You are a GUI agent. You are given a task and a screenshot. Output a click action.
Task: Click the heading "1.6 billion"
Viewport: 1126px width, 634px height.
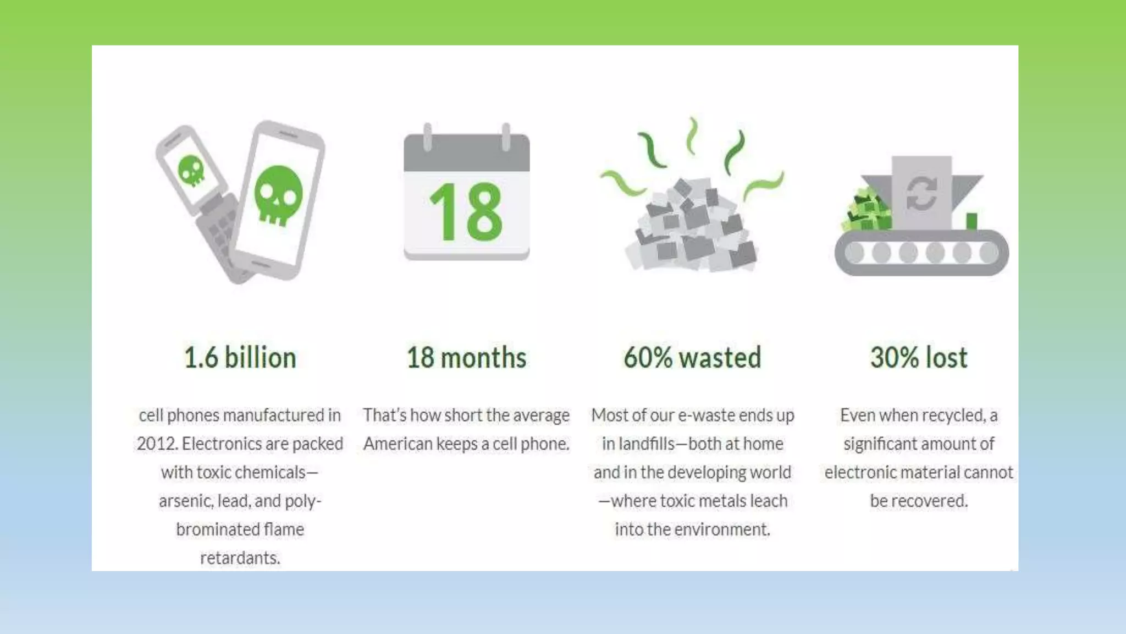pyautogui.click(x=240, y=358)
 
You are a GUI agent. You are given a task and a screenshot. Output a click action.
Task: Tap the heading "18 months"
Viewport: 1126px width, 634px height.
pyautogui.click(x=466, y=358)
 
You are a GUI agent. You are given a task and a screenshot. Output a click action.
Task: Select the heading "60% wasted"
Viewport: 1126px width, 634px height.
pyautogui.click(x=692, y=358)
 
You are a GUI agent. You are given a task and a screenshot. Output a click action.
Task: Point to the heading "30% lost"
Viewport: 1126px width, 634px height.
pyautogui.click(x=919, y=358)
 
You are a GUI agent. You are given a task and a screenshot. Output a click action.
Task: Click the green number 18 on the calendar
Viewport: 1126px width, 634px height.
pyautogui.click(x=466, y=212)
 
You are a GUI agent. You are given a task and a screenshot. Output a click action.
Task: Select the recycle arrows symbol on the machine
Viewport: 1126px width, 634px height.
pyautogui.click(x=921, y=193)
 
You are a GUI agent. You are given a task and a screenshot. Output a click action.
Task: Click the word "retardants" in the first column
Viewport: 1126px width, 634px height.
pyautogui.click(x=239, y=558)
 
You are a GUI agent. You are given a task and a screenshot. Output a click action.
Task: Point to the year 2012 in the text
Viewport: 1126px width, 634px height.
pyautogui.click(x=156, y=444)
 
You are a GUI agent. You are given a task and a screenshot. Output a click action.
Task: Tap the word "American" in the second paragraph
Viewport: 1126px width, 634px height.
pyautogui.click(x=398, y=444)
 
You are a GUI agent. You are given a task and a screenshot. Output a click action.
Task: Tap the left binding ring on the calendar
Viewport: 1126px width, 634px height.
pyautogui.click(x=427, y=136)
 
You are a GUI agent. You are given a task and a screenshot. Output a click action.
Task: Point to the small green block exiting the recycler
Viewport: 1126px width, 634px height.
pyautogui.click(x=972, y=221)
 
